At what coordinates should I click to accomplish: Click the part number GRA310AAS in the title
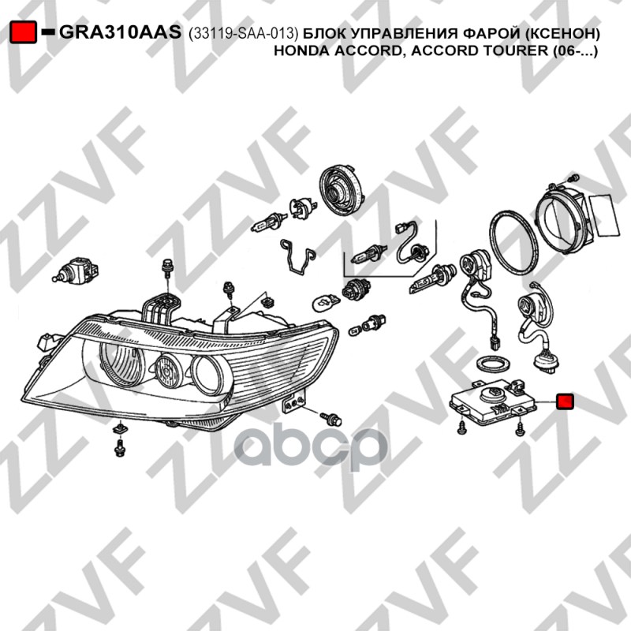point(121,32)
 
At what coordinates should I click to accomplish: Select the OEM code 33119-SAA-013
point(244,34)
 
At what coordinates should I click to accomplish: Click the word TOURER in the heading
point(517,50)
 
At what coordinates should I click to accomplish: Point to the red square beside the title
point(23,32)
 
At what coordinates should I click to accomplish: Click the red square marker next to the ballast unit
point(565,402)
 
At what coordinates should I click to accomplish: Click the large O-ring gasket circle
point(515,241)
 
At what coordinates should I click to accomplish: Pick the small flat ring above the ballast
point(494,365)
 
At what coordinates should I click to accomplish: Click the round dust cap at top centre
point(342,187)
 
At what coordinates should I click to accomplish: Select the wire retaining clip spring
point(297,257)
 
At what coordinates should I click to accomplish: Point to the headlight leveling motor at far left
point(77,271)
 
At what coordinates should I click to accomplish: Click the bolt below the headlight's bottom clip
point(119,447)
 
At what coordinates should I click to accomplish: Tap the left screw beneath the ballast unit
point(461,428)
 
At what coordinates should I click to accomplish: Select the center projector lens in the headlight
point(170,372)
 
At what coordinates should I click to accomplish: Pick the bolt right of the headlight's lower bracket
point(331,419)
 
